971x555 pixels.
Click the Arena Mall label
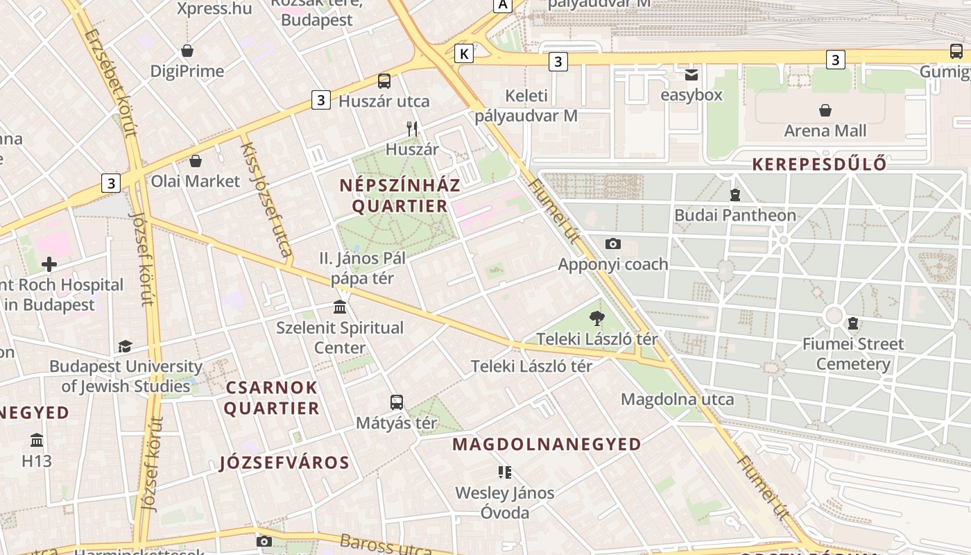(825, 130)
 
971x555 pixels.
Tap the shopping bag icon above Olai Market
(196, 162)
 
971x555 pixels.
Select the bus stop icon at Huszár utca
(384, 81)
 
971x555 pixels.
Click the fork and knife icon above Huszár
(412, 128)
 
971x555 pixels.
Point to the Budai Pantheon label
(735, 215)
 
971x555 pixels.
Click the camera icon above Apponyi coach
(612, 244)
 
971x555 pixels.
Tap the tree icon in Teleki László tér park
(596, 319)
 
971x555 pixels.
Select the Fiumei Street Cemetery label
(853, 354)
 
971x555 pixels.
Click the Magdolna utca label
(677, 399)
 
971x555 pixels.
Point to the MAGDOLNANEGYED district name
(547, 444)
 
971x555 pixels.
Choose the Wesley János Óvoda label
(505, 503)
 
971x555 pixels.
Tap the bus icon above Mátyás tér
(397, 402)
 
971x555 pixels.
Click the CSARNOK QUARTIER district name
(271, 398)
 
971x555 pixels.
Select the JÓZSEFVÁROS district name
(284, 462)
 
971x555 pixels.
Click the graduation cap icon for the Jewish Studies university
(125, 346)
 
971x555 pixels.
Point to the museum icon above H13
(37, 441)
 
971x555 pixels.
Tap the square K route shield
(464, 53)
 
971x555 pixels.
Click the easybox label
(691, 95)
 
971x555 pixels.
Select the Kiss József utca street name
(267, 201)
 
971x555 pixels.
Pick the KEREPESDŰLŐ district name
(820, 164)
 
